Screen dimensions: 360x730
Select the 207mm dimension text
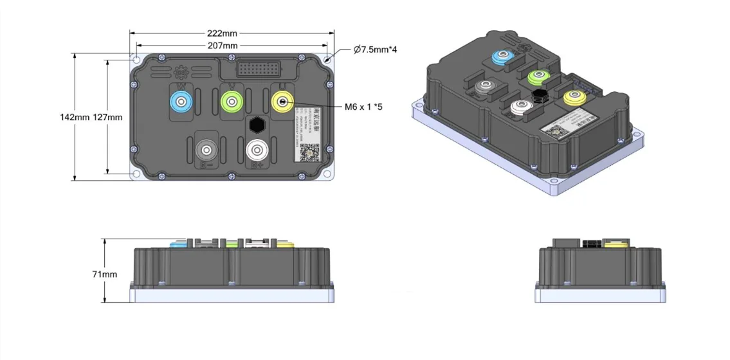[222, 46]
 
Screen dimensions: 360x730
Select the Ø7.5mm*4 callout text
[375, 50]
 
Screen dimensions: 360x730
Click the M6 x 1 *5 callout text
[363, 107]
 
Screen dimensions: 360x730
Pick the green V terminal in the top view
[232, 101]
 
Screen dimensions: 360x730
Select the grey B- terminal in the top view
[206, 150]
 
